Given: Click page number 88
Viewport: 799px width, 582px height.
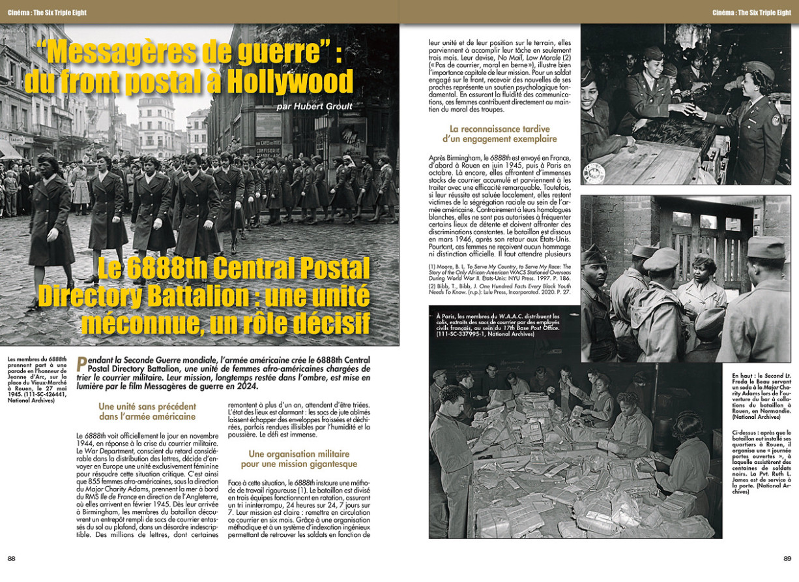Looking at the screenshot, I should pos(12,559).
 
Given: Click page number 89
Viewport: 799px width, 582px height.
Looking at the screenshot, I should pos(787,559).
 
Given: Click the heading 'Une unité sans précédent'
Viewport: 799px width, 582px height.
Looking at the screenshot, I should pos(147,406).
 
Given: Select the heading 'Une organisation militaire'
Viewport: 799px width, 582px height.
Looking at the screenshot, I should pos(298,454).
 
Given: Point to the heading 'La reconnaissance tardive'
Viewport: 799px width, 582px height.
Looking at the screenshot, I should pos(500,129).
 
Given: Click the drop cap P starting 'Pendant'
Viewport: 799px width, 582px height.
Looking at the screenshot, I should pos(81,363).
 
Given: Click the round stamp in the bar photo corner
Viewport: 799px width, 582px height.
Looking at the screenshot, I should pos(594,173).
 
